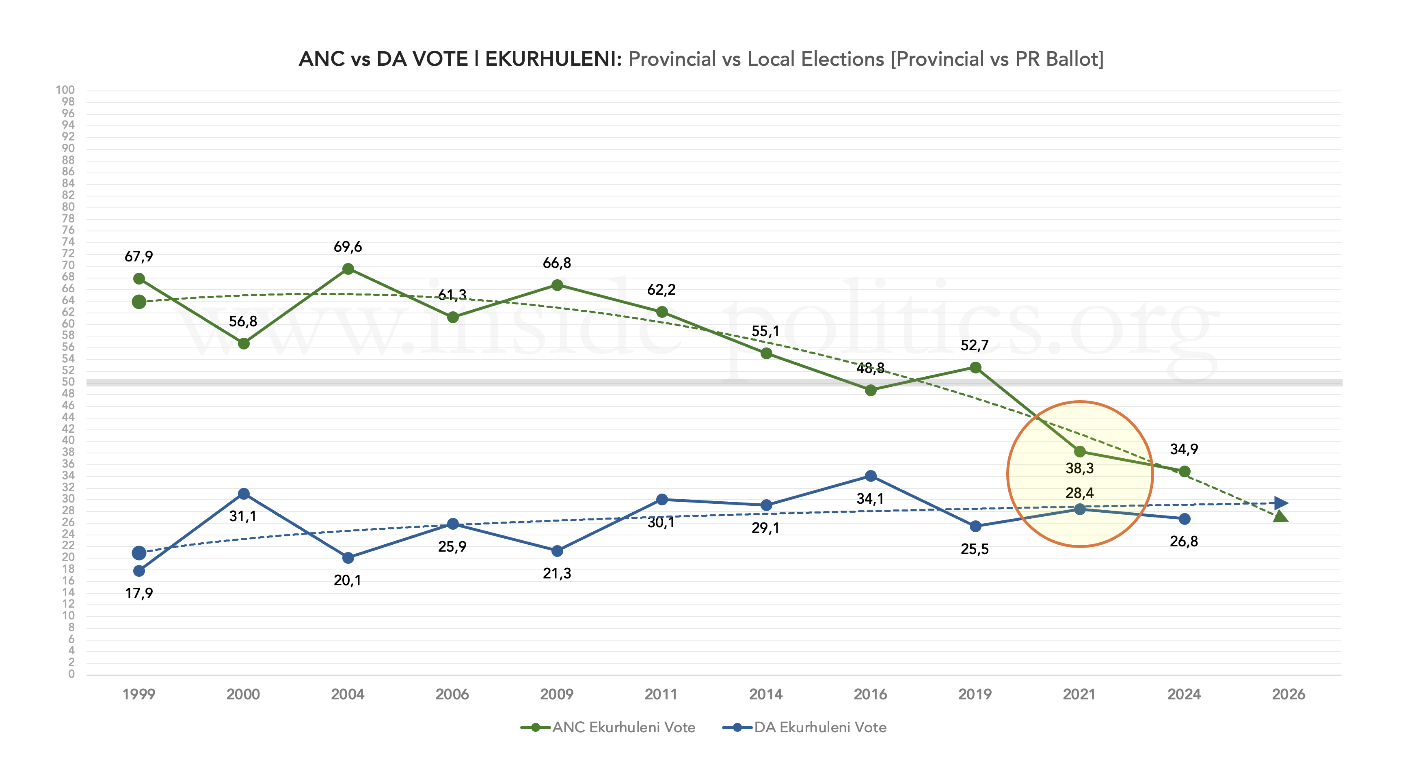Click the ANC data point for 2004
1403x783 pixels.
coord(348,269)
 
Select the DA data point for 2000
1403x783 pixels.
coord(244,494)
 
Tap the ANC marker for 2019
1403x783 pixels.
coord(975,367)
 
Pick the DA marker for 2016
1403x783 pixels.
coord(870,476)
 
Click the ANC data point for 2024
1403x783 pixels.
coord(1184,472)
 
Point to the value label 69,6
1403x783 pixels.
coord(348,247)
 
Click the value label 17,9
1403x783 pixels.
coord(139,593)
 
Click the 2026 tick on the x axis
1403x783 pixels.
coord(1288,694)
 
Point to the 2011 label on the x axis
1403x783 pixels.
coord(661,694)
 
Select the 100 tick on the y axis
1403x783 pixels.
coord(65,90)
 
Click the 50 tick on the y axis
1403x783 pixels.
coord(68,382)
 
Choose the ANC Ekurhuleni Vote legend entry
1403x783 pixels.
coord(608,727)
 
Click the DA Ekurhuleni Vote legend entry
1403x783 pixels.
coord(804,727)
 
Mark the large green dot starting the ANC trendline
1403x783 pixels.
coord(139,302)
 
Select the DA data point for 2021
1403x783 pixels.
coord(1079,509)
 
